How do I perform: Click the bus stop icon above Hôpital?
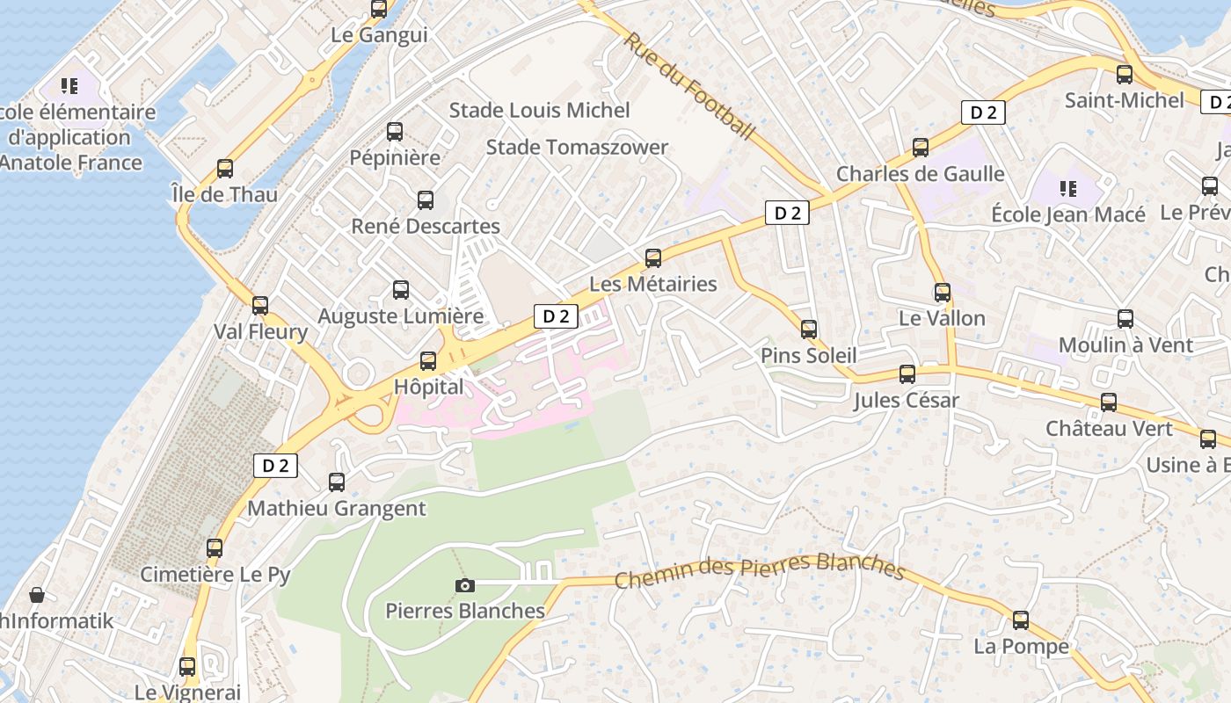[x=428, y=360]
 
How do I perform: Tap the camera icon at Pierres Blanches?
[x=465, y=585]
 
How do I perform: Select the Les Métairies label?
[x=652, y=284]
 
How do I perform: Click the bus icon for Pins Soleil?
[x=809, y=330]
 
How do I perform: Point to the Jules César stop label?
[x=907, y=402]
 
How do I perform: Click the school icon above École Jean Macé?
[x=1068, y=188]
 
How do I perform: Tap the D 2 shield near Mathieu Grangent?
[x=275, y=466]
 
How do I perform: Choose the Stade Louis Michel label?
[x=539, y=111]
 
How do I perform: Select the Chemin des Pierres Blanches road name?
[x=760, y=570]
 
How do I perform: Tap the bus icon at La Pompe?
[x=1021, y=620]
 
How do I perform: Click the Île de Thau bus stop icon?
[x=225, y=168]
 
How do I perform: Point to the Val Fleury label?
[x=260, y=332]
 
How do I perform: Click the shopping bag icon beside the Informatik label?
[x=37, y=596]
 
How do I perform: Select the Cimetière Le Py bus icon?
[x=215, y=548]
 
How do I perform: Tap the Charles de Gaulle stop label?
[x=920, y=174]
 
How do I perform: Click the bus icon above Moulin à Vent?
[x=1125, y=319]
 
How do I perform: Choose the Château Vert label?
[x=1109, y=429]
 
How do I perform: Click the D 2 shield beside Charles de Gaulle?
[x=982, y=112]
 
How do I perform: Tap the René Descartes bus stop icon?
[x=426, y=199]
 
